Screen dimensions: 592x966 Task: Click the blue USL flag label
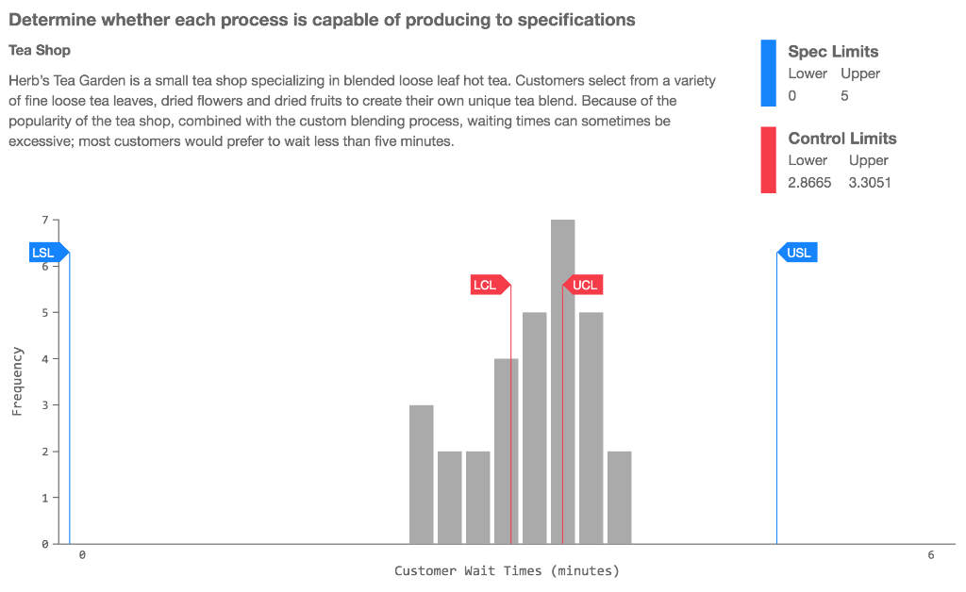pos(798,253)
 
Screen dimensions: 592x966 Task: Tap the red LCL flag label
pos(486,285)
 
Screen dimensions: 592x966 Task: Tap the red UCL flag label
pos(584,285)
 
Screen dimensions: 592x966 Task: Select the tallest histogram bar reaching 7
pos(562,381)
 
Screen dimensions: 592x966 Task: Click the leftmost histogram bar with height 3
pos(421,474)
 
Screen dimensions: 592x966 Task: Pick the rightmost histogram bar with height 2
pos(619,497)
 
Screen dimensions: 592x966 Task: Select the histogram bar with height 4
pos(506,451)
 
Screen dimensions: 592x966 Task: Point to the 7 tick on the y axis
pos(44,220)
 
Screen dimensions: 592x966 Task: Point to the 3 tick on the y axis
pos(44,404)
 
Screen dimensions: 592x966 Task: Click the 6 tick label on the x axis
pos(930,555)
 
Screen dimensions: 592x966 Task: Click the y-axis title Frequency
pos(17,381)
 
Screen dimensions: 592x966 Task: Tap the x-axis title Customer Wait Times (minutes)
pos(507,570)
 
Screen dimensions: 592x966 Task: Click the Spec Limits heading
pos(833,52)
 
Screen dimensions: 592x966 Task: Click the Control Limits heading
pos(841,139)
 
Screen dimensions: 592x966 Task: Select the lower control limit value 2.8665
pos(809,183)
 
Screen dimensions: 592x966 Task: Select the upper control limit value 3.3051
pos(869,183)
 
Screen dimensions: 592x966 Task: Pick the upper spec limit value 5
pos(844,95)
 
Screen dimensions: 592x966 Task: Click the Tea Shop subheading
pos(40,49)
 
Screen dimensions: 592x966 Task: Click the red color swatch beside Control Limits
pos(768,160)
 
